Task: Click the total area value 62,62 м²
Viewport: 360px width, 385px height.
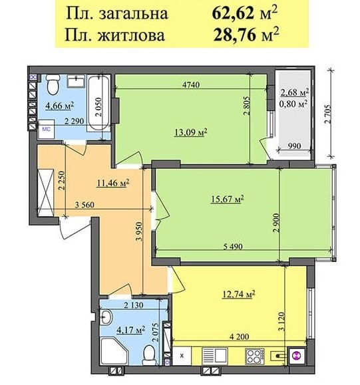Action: [245, 13]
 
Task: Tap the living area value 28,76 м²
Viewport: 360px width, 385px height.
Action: [246, 35]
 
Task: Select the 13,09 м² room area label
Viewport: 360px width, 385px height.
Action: [190, 132]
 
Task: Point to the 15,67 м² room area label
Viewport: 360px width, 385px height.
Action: [228, 199]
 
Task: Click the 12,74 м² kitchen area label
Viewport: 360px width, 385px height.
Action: [238, 294]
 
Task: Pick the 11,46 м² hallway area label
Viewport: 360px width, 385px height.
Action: [113, 183]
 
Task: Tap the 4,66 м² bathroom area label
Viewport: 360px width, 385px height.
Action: [60, 106]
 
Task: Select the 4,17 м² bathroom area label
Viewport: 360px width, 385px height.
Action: [130, 330]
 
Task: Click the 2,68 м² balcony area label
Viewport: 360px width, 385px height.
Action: [294, 92]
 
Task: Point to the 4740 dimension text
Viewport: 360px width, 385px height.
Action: [191, 84]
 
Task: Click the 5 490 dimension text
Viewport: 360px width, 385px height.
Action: [233, 246]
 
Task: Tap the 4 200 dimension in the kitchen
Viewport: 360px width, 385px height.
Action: [239, 336]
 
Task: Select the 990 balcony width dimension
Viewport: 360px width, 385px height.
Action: [294, 146]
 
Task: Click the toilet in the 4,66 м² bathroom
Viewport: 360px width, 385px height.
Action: [53, 84]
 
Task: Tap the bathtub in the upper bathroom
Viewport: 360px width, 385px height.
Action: [98, 103]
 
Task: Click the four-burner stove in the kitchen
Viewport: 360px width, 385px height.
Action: [255, 356]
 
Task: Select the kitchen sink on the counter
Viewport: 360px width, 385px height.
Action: [214, 356]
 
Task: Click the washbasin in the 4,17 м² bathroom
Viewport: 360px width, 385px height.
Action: [106, 317]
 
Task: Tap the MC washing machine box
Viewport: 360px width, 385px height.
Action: [46, 130]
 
